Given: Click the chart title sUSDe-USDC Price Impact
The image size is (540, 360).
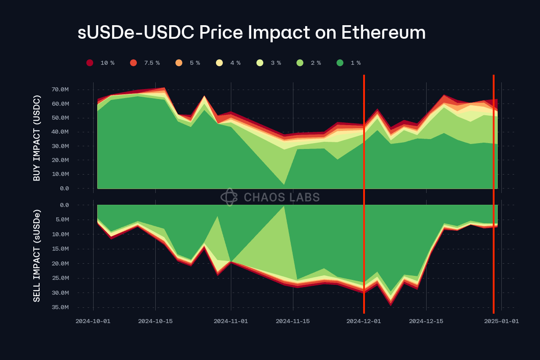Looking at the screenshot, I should coord(251,33).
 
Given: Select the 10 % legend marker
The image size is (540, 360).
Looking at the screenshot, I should coord(90,63).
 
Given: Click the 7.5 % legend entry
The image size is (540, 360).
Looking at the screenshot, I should coord(145,63).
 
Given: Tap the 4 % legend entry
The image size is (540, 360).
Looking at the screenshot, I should coord(228,63).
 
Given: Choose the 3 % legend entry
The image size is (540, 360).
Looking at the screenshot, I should coord(269,63).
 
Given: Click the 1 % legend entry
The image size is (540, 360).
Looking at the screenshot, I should coord(348,63).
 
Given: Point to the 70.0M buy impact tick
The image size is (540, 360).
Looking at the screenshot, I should coord(60,90).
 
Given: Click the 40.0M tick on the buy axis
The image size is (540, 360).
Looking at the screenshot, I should coord(60,132).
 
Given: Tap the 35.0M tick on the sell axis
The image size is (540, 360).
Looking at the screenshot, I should coord(60,307).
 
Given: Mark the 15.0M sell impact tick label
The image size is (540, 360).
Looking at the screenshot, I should coord(60,249).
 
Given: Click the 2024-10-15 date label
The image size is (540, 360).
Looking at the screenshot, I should coord(155,321).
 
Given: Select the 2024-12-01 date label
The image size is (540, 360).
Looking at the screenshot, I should coord(364,321).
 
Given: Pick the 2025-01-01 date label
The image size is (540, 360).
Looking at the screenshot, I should coord(501,321).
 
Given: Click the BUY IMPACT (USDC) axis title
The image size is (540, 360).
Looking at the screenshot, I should coord(37,138).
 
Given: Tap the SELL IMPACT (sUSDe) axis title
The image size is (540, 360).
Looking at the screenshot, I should coord(37,255).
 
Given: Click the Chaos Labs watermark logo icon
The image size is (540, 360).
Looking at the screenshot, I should coord(229,197).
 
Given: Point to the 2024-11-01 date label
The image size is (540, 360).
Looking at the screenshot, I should coord(231,321).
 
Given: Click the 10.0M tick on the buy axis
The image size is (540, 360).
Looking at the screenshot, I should coord(60,174).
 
